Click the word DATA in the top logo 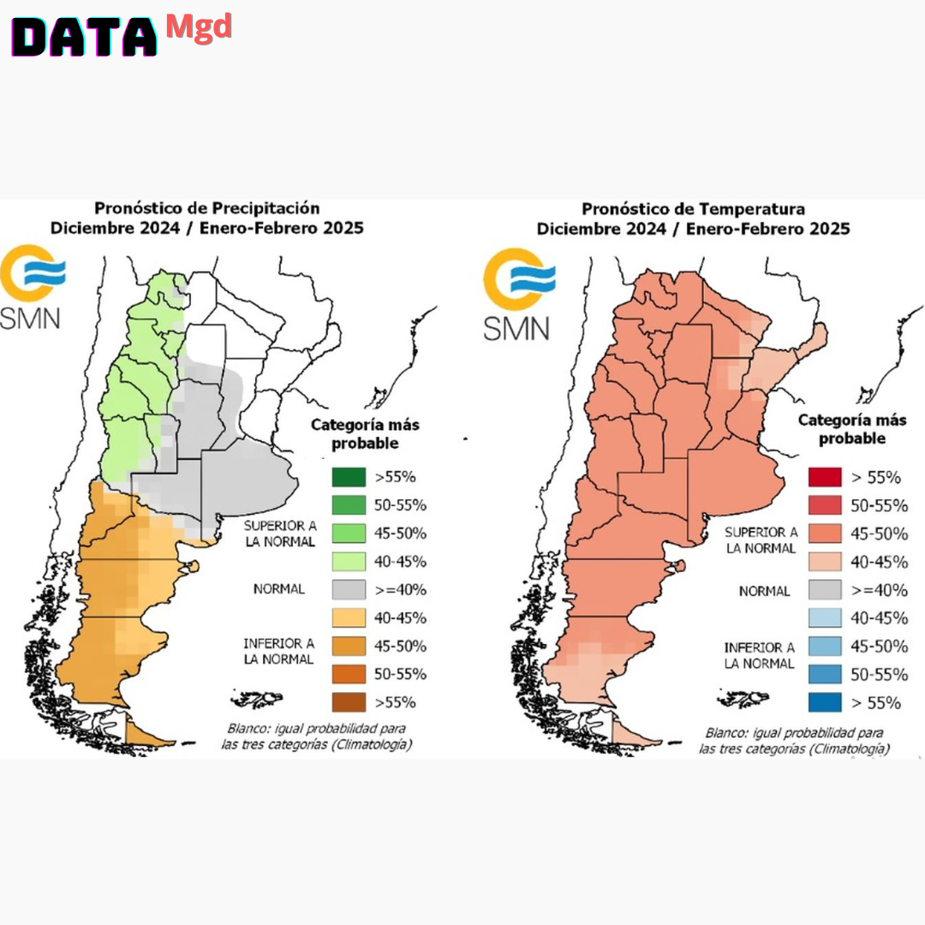(83, 37)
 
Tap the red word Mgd (198, 26)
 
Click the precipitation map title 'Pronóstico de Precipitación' (206, 208)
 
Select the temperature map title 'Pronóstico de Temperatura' (693, 209)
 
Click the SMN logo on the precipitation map (33, 288)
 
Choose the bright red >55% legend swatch (823, 478)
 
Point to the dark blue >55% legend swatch (823, 703)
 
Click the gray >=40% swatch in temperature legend (823, 590)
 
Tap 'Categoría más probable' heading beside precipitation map (365, 433)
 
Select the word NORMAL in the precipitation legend (278, 589)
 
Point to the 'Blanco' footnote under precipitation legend (316, 737)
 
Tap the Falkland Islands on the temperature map (737, 700)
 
